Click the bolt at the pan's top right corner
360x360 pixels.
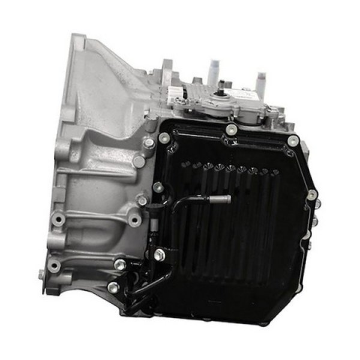click(293, 142)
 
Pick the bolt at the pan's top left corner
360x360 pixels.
click(162, 137)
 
